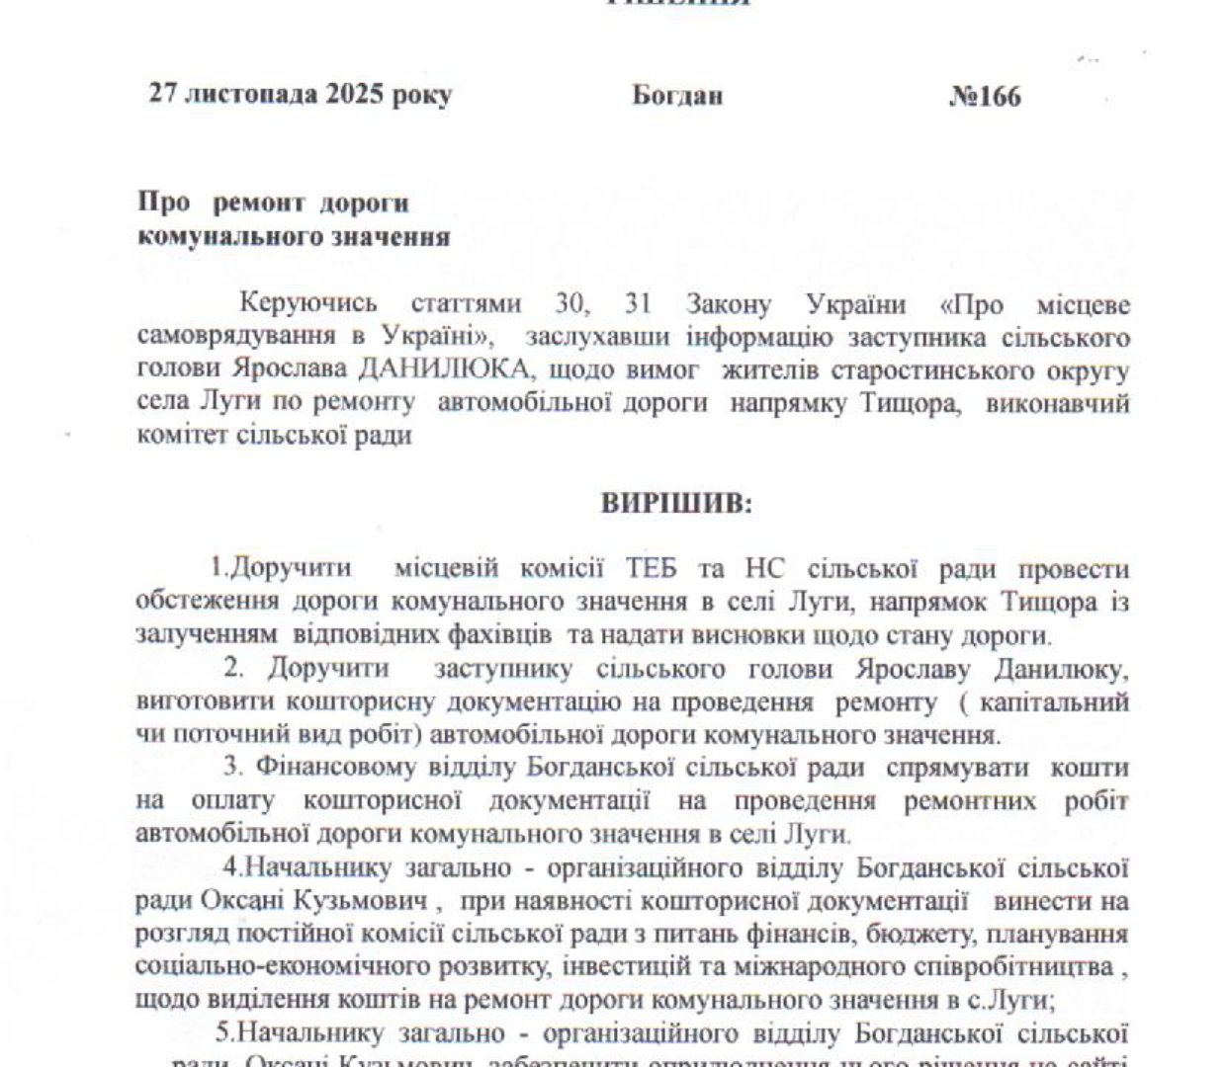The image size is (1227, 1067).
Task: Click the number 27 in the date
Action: coord(163,95)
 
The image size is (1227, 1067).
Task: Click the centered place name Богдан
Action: coord(677,96)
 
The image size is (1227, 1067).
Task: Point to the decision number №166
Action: coord(985,97)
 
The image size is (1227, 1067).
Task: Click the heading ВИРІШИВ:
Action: coord(677,503)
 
